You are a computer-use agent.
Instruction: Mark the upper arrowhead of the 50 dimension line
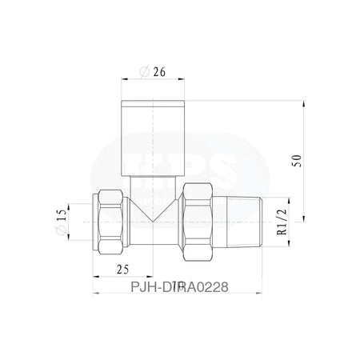click(x=305, y=104)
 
